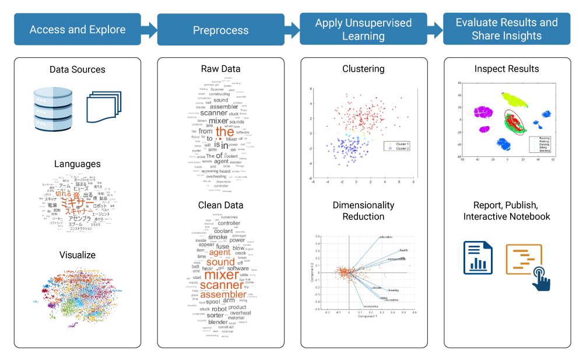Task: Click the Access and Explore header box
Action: pos(78,29)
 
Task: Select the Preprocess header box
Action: pos(220,30)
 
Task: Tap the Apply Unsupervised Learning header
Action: pos(363,29)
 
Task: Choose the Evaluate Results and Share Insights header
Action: pos(507,29)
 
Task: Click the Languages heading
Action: pos(78,164)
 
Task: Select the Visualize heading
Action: pos(78,255)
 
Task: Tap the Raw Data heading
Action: pos(220,69)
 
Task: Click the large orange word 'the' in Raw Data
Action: pos(224,132)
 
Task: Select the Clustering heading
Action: pos(363,69)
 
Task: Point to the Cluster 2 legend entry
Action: pos(400,149)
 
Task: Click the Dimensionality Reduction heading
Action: pos(363,211)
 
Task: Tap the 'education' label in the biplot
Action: pos(385,237)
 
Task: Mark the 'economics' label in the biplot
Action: pos(371,306)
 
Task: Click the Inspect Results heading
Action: pos(507,69)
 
